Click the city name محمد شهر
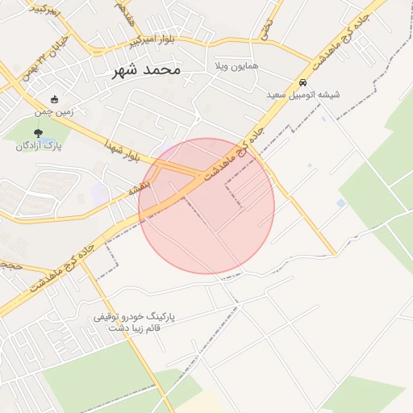click(146, 69)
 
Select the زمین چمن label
click(54, 111)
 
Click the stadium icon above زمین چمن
click(54, 99)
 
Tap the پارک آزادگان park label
click(39, 145)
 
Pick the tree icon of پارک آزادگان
click(38, 132)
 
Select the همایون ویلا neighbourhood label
click(236, 65)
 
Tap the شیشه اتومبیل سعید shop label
click(303, 94)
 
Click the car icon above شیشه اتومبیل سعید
click(302, 82)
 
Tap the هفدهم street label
click(123, 11)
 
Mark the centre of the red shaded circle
click(206, 206)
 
